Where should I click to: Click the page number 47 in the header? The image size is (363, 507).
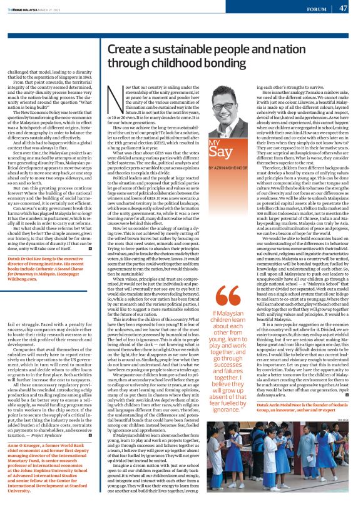tap(344, 8)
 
